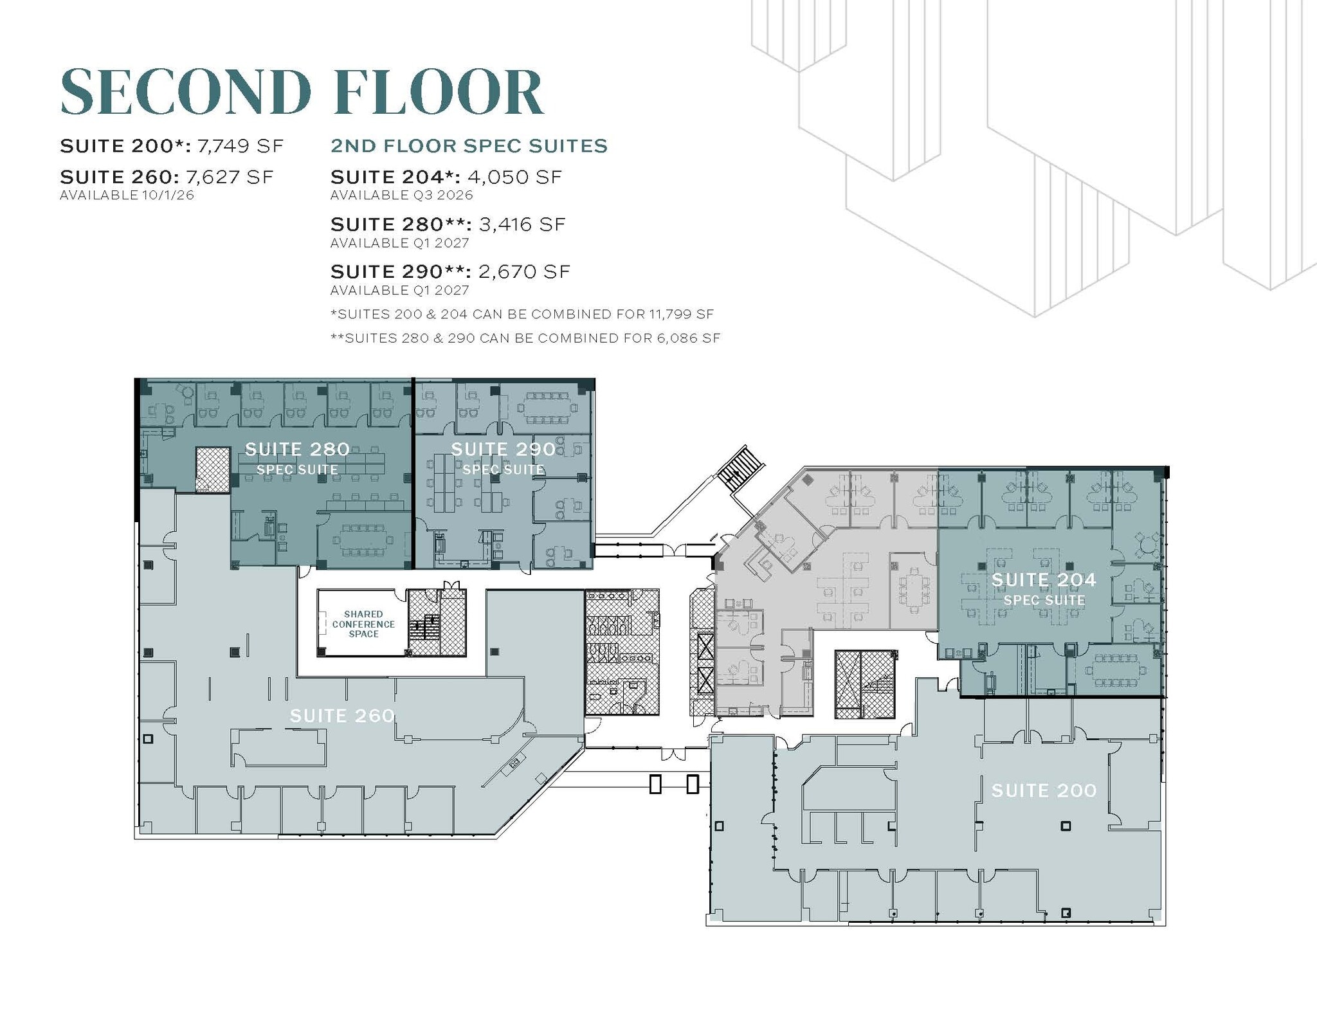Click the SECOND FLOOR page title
[x=302, y=92]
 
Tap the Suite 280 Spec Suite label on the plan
[x=297, y=459]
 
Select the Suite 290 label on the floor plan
[x=503, y=450]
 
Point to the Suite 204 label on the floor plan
[x=1044, y=580]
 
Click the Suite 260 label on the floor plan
[x=342, y=716]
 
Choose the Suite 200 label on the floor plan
[x=1044, y=790]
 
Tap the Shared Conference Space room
[x=363, y=624]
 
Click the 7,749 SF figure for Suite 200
[x=241, y=146]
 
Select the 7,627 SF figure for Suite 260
[x=230, y=177]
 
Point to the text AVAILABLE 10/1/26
[x=127, y=195]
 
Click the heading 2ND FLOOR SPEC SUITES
[x=469, y=146]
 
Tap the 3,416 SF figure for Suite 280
[x=522, y=224]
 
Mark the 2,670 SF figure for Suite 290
[x=524, y=272]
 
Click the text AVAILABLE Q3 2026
[x=401, y=195]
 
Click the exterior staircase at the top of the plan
[x=740, y=468]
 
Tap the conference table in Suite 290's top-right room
[x=547, y=406]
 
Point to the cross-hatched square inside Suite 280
[x=213, y=469]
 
